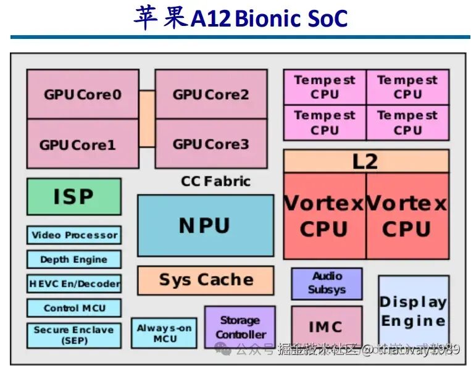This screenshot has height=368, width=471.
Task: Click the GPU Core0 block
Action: [82, 94]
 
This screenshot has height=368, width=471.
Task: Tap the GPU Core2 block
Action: [210, 94]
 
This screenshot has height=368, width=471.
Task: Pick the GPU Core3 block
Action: [210, 144]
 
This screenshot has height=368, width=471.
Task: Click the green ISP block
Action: [73, 196]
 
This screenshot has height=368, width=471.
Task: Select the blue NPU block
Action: [205, 225]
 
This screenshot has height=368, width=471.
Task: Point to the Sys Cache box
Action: [206, 280]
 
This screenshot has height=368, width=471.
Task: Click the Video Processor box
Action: [74, 235]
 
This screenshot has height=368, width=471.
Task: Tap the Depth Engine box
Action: [74, 259]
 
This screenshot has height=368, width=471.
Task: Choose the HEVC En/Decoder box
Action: [74, 284]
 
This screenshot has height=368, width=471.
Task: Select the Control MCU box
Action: [74, 308]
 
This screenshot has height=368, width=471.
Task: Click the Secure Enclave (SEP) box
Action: [74, 335]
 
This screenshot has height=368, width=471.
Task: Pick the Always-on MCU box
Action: [164, 333]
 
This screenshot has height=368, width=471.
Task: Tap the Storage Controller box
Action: [240, 327]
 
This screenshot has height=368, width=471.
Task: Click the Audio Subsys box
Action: [327, 283]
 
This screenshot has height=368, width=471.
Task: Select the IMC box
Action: [326, 326]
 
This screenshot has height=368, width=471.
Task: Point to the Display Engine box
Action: [413, 312]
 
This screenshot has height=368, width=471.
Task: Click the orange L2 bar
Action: [365, 161]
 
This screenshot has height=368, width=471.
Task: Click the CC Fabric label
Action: [215, 182]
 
